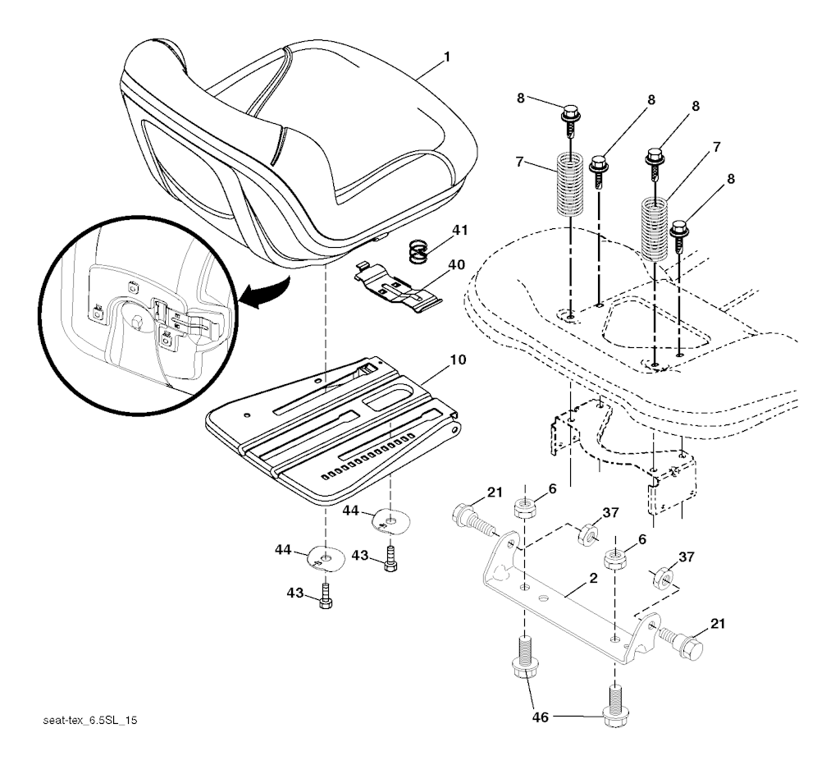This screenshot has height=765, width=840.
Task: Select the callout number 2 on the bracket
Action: point(592,578)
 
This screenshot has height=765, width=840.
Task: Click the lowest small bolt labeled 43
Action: point(326,597)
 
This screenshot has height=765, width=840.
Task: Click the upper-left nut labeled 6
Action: point(525,507)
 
